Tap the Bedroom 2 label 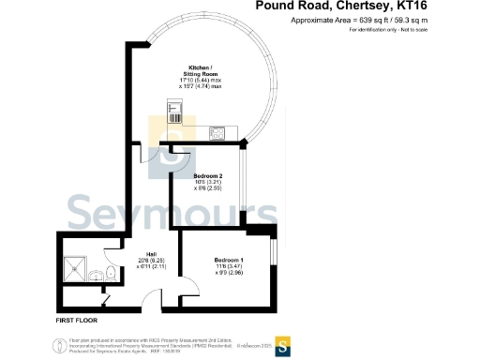[207, 175]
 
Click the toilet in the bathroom [111, 273]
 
